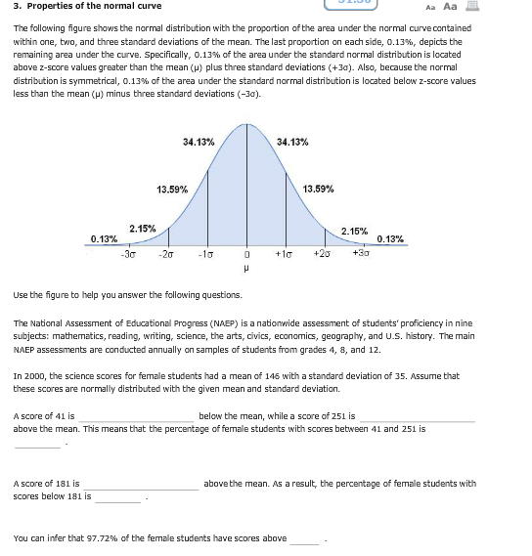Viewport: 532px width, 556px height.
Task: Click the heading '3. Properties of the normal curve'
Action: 73,7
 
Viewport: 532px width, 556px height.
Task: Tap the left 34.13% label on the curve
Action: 199,143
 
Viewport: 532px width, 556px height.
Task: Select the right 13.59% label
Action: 319,188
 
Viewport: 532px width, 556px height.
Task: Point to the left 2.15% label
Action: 144,229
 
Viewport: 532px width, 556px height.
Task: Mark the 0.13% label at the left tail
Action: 104,238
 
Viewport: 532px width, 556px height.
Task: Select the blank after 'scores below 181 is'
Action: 118,498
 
